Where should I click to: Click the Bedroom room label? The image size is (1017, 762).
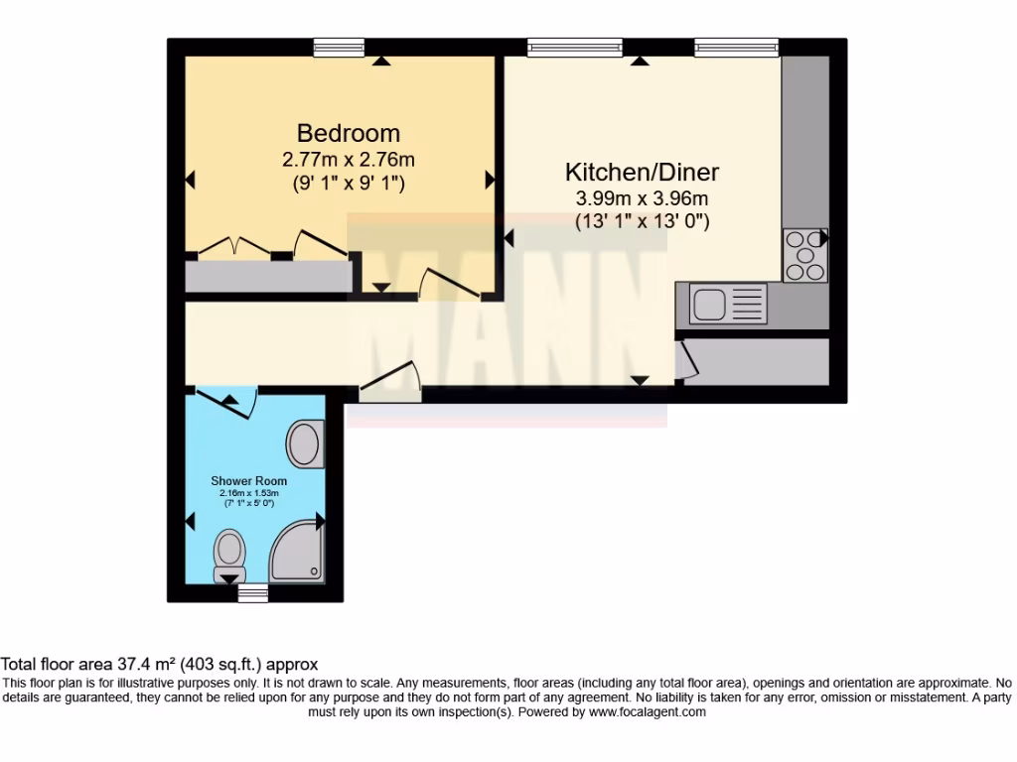pyautogui.click(x=348, y=133)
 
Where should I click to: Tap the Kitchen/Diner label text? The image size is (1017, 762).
pyautogui.click(x=642, y=172)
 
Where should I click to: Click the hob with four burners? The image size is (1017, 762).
pyautogui.click(x=804, y=256)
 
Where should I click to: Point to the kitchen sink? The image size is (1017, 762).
pyautogui.click(x=728, y=304)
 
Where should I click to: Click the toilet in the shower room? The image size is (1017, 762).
pyautogui.click(x=230, y=556)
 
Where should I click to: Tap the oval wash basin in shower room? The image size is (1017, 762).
pyautogui.click(x=304, y=438)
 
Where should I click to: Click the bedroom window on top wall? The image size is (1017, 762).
pyautogui.click(x=339, y=47)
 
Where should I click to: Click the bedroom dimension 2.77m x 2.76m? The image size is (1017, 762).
pyautogui.click(x=348, y=159)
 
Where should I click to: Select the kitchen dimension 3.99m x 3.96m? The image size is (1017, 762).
pyautogui.click(x=642, y=197)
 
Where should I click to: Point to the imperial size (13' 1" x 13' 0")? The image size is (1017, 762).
pyautogui.click(x=642, y=222)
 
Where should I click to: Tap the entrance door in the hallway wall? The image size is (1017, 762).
pyautogui.click(x=390, y=383)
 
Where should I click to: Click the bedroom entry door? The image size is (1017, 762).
pyautogui.click(x=451, y=285)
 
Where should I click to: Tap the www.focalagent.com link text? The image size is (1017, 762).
pyautogui.click(x=647, y=711)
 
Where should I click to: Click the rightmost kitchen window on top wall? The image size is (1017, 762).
pyautogui.click(x=736, y=47)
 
